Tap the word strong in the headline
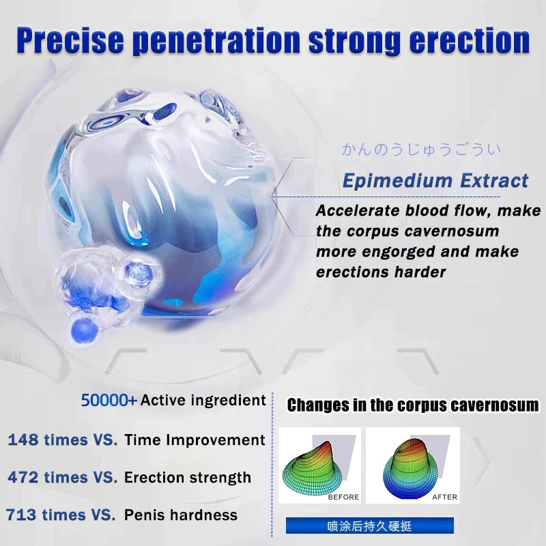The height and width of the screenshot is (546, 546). [354, 41]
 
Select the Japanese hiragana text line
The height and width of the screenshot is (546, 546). [421, 149]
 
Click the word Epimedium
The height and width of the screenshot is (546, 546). [397, 181]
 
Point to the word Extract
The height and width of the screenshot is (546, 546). [494, 180]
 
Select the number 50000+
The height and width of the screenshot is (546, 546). [109, 401]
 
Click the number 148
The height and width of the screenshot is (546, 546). [23, 440]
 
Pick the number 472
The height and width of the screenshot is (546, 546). [23, 477]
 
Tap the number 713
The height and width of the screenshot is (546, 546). [21, 515]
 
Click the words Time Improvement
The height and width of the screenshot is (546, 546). [195, 440]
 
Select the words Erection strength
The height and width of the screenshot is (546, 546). [187, 478]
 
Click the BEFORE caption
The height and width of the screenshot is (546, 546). [343, 497]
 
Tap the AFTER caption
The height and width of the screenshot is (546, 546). [445, 497]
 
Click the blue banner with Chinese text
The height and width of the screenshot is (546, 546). [370, 526]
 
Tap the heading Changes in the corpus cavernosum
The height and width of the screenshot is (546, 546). [413, 405]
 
